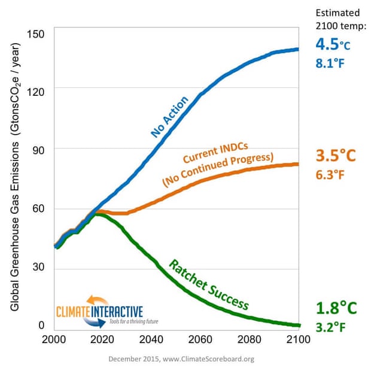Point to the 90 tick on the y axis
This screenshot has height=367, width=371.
(38, 148)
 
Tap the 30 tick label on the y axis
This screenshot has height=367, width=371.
(38, 268)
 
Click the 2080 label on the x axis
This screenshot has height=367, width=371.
(248, 339)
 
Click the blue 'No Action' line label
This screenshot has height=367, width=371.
(171, 117)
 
